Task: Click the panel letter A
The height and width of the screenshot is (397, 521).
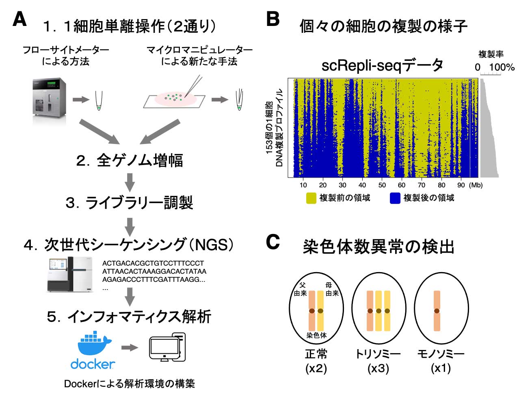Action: [x=19, y=19]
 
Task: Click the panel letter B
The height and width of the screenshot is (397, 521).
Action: [x=273, y=19]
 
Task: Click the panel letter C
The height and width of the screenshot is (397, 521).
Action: [x=273, y=242]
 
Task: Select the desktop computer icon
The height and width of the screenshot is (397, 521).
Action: [x=167, y=347]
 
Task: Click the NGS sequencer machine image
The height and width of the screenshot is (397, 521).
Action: [x=70, y=274]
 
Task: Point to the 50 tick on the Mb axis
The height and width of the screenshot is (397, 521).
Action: [x=382, y=185]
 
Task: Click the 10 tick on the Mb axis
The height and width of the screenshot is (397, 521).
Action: [x=303, y=185]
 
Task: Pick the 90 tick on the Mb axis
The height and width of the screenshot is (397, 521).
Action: [x=461, y=185]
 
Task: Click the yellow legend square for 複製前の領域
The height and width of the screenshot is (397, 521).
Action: [x=311, y=198]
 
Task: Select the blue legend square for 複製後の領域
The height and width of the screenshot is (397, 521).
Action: [x=395, y=198]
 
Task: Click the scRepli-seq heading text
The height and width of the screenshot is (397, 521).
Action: [x=383, y=66]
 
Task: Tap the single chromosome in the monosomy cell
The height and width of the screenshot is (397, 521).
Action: [x=437, y=311]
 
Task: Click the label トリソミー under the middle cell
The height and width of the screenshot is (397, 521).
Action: [x=378, y=354]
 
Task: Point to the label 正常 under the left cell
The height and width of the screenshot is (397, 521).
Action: [x=316, y=354]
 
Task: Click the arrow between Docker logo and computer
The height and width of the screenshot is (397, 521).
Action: [x=130, y=348]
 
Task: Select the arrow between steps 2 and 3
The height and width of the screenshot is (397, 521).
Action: [x=130, y=182]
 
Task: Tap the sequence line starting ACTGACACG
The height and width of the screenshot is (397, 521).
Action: [x=153, y=263]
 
